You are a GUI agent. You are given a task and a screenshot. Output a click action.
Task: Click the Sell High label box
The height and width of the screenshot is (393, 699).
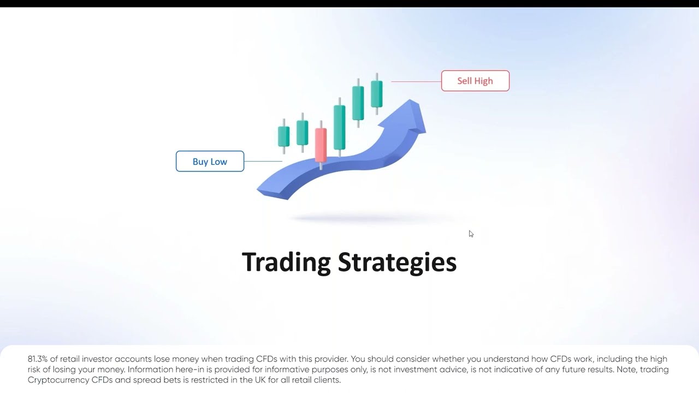pos(475,81)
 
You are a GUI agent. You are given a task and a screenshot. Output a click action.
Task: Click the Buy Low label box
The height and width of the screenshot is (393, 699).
pos(210,162)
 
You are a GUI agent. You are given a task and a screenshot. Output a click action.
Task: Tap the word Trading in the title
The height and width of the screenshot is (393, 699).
pos(286,262)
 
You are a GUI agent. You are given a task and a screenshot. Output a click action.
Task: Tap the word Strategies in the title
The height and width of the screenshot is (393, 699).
pos(397,262)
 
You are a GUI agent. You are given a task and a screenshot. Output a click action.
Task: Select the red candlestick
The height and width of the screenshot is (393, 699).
pos(321,145)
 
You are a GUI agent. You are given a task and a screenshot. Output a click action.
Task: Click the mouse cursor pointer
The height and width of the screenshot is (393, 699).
pos(471,234)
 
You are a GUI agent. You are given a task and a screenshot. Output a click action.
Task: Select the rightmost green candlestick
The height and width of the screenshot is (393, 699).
pos(377,94)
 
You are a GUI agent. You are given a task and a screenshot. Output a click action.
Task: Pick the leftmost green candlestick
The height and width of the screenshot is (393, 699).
pos(283,136)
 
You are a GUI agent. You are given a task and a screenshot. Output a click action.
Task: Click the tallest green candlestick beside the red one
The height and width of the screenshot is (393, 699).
pos(339,127)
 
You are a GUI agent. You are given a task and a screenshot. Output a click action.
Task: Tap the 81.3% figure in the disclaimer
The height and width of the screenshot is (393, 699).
pos(38,359)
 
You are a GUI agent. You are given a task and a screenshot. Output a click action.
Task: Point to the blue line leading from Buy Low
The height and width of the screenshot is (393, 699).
pos(263,162)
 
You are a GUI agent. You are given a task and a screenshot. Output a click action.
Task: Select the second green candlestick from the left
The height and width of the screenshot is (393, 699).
pos(302,133)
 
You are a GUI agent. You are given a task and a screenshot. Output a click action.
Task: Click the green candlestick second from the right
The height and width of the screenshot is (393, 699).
pos(358,103)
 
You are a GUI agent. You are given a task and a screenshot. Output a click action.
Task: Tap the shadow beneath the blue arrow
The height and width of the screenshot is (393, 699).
pos(371,219)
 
